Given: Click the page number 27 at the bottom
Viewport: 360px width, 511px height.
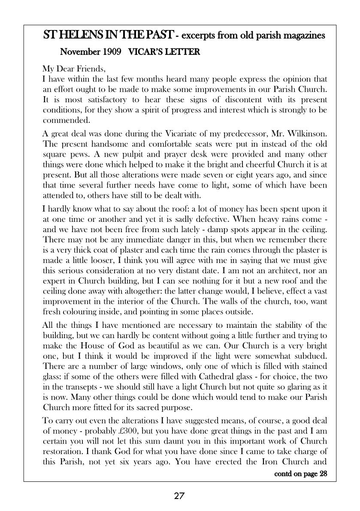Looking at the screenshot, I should (x=179, y=496).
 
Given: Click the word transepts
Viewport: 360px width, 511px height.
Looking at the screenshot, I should (x=74, y=387).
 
